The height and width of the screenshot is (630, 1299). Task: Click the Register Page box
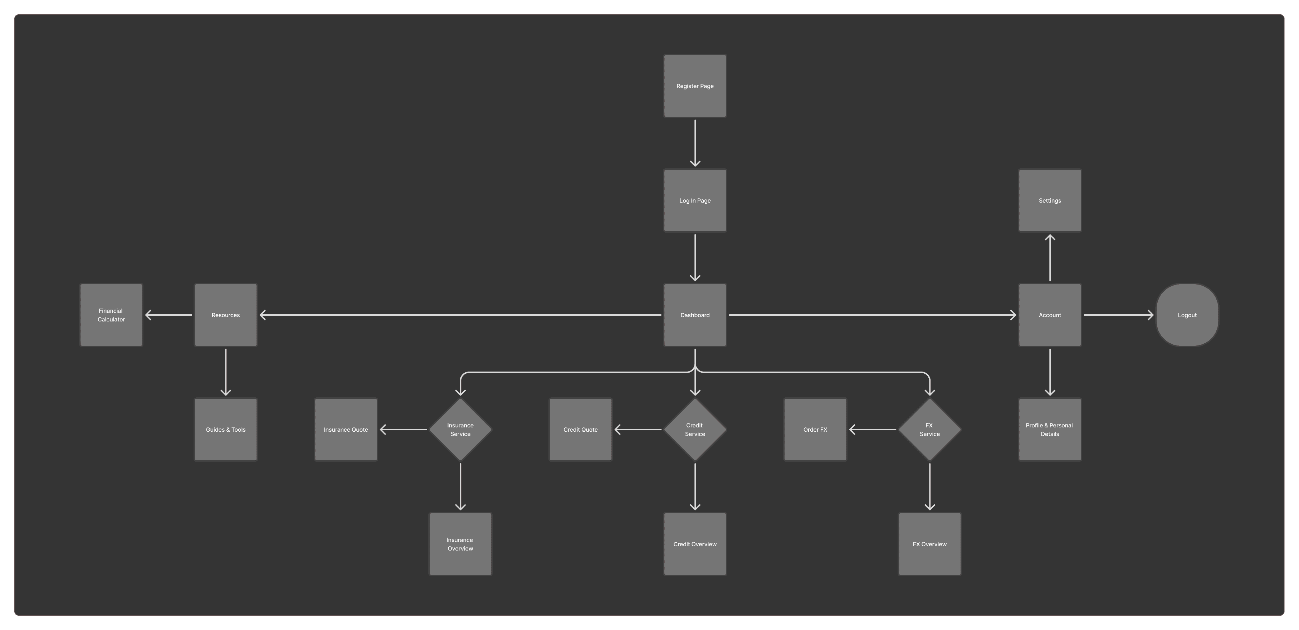point(695,86)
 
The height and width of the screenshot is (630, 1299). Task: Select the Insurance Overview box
point(460,544)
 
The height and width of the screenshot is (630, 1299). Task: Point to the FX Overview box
point(929,544)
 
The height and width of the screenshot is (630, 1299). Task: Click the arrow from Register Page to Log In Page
point(695,143)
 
